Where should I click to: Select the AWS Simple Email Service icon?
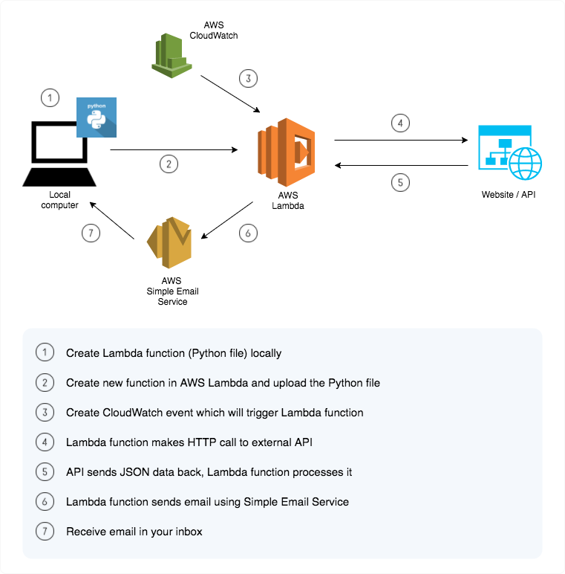tap(169, 242)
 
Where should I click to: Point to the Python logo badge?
tap(96, 117)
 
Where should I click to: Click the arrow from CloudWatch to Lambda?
tap(231, 94)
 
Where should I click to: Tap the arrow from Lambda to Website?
tap(400, 139)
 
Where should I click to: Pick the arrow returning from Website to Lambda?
tap(400, 166)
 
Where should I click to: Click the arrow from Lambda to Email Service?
tap(227, 221)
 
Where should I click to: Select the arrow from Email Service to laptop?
tap(112, 219)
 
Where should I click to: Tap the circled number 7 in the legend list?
tap(45, 532)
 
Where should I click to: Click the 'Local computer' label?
tap(59, 200)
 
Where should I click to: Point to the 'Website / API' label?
tap(509, 196)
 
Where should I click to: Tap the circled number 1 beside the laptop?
tap(49, 97)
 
